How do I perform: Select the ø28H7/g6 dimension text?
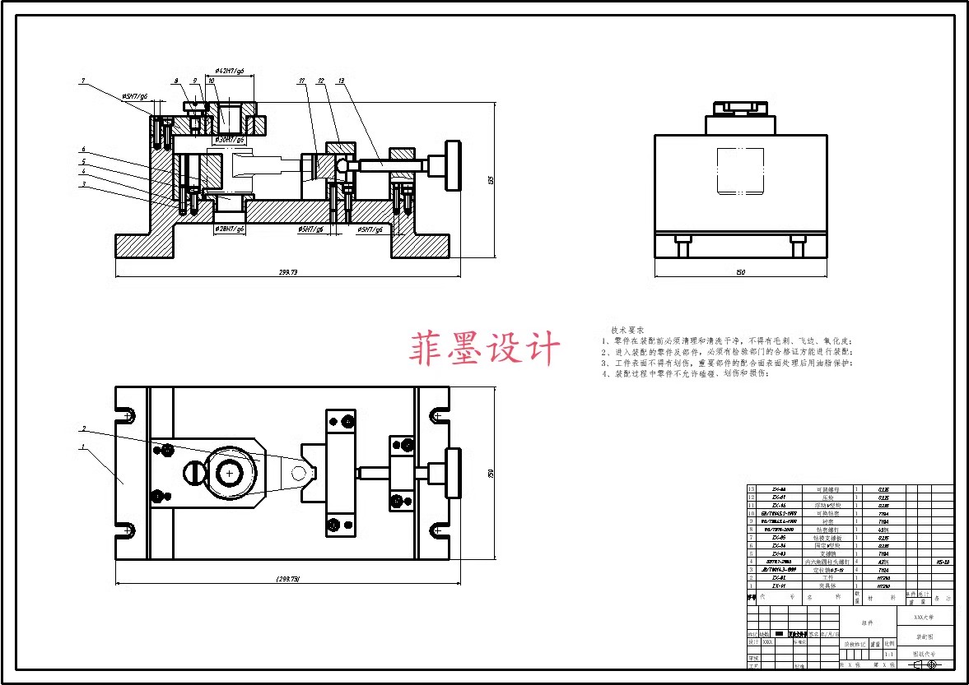coord(230,229)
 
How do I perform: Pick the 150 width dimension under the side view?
coord(741,271)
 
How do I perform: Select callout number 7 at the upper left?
coord(83,81)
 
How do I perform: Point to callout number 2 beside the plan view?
coord(83,428)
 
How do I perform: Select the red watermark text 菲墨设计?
coord(485,348)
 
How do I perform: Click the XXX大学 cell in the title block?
coord(924,616)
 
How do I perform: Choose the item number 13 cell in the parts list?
coord(751,489)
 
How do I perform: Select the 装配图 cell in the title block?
coord(924,637)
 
